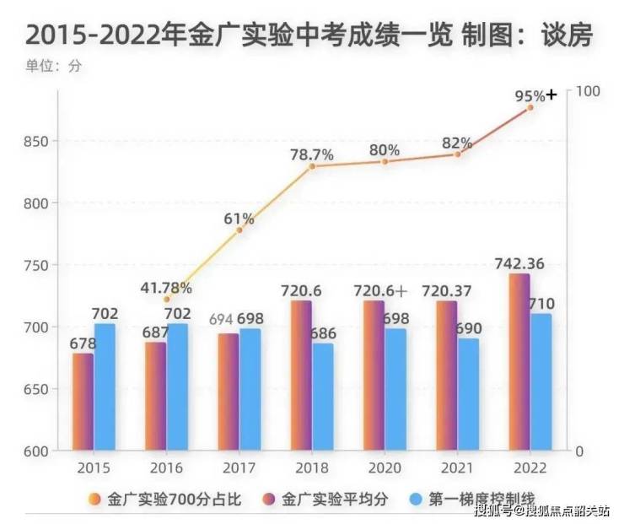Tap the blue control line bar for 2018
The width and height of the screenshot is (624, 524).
[323, 397]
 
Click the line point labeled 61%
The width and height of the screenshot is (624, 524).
[239, 230]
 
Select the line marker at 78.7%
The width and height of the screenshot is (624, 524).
[312, 166]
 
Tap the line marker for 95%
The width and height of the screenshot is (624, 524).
[530, 107]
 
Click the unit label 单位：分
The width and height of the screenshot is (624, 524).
[53, 67]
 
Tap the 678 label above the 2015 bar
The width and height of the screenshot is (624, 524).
[83, 343]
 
